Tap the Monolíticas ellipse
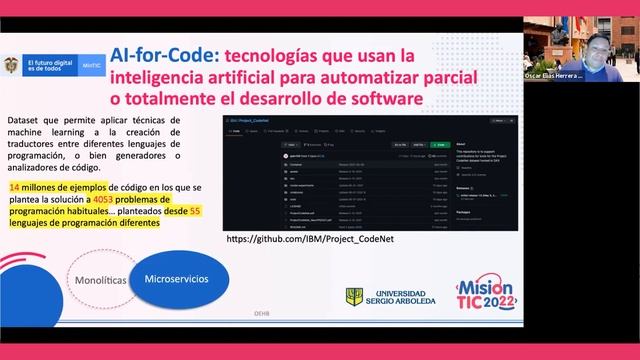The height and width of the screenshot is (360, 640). [101, 281]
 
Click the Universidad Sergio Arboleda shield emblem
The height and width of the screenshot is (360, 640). [354, 297]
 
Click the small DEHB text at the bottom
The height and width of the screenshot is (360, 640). [261, 340]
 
